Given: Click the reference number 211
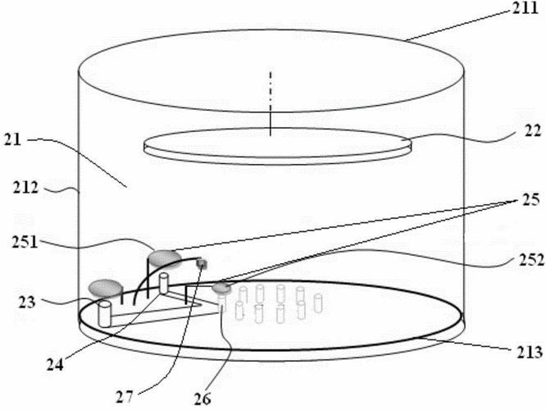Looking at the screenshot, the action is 525,7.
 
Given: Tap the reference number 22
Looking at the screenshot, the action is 533,130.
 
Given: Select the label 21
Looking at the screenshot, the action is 12,140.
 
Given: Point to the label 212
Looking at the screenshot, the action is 25,188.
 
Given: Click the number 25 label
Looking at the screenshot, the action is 530,199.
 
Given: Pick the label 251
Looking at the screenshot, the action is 25,242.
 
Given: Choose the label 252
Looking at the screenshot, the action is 530,260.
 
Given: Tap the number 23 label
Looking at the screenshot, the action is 27,302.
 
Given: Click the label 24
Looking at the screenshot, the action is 56,364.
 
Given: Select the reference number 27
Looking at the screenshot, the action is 125,397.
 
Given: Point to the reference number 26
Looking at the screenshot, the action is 202,399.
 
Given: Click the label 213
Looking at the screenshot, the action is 530,352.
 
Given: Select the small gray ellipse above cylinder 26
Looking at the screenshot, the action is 222,288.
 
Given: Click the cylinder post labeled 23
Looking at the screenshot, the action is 104,314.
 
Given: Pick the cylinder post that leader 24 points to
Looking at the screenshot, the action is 164,283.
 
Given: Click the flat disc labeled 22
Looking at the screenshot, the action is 278,146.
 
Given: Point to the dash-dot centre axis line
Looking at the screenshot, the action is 271,103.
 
